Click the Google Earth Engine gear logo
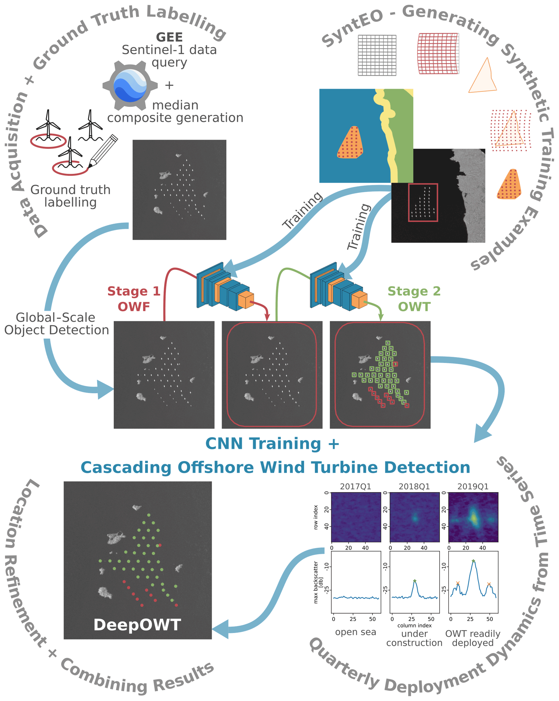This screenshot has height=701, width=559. [130, 86]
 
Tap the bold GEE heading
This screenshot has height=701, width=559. [169, 37]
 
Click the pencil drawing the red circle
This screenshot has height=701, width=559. [103, 151]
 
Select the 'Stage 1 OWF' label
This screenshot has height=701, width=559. [134, 299]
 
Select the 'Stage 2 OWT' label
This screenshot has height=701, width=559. [414, 299]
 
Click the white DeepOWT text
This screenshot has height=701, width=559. [137, 625]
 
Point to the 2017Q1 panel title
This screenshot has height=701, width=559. [355, 486]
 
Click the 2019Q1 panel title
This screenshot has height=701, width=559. [473, 486]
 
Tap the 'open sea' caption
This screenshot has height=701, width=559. [355, 632]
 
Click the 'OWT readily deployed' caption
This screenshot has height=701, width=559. [473, 638]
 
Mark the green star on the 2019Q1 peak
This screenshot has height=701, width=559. [473, 561]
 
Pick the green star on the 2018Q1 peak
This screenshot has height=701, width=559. [415, 581]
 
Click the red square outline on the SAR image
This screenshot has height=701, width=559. [423, 202]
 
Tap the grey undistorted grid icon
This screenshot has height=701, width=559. [377, 55]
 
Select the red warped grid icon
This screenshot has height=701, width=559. [438, 54]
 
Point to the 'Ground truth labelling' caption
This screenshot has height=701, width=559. [71, 196]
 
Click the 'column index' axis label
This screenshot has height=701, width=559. [415, 625]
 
